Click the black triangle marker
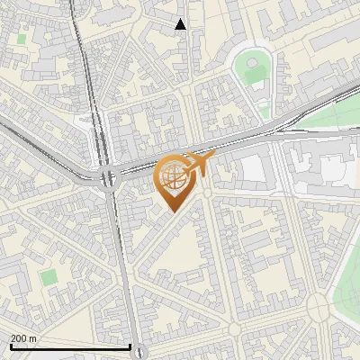pyautogui.click(x=181, y=24)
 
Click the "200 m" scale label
pyautogui.click(x=23, y=338)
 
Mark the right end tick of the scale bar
pyautogui.click(x=130, y=346)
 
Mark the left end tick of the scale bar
pyautogui.click(x=10, y=346)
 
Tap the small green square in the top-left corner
pyautogui.click(x=21, y=40)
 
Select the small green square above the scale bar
pyautogui.click(x=48, y=277)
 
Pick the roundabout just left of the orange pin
pyautogui.click(x=111, y=179)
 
